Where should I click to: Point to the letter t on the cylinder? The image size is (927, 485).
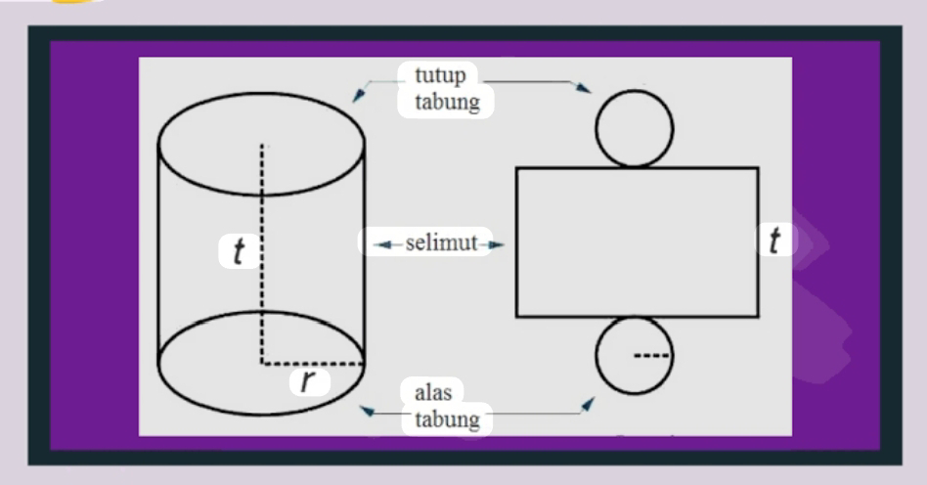[239, 251]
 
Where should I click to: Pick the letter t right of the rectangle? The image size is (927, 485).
[775, 240]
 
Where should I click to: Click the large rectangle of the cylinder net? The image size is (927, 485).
[637, 242]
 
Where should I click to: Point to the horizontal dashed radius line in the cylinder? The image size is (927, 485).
[313, 363]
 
